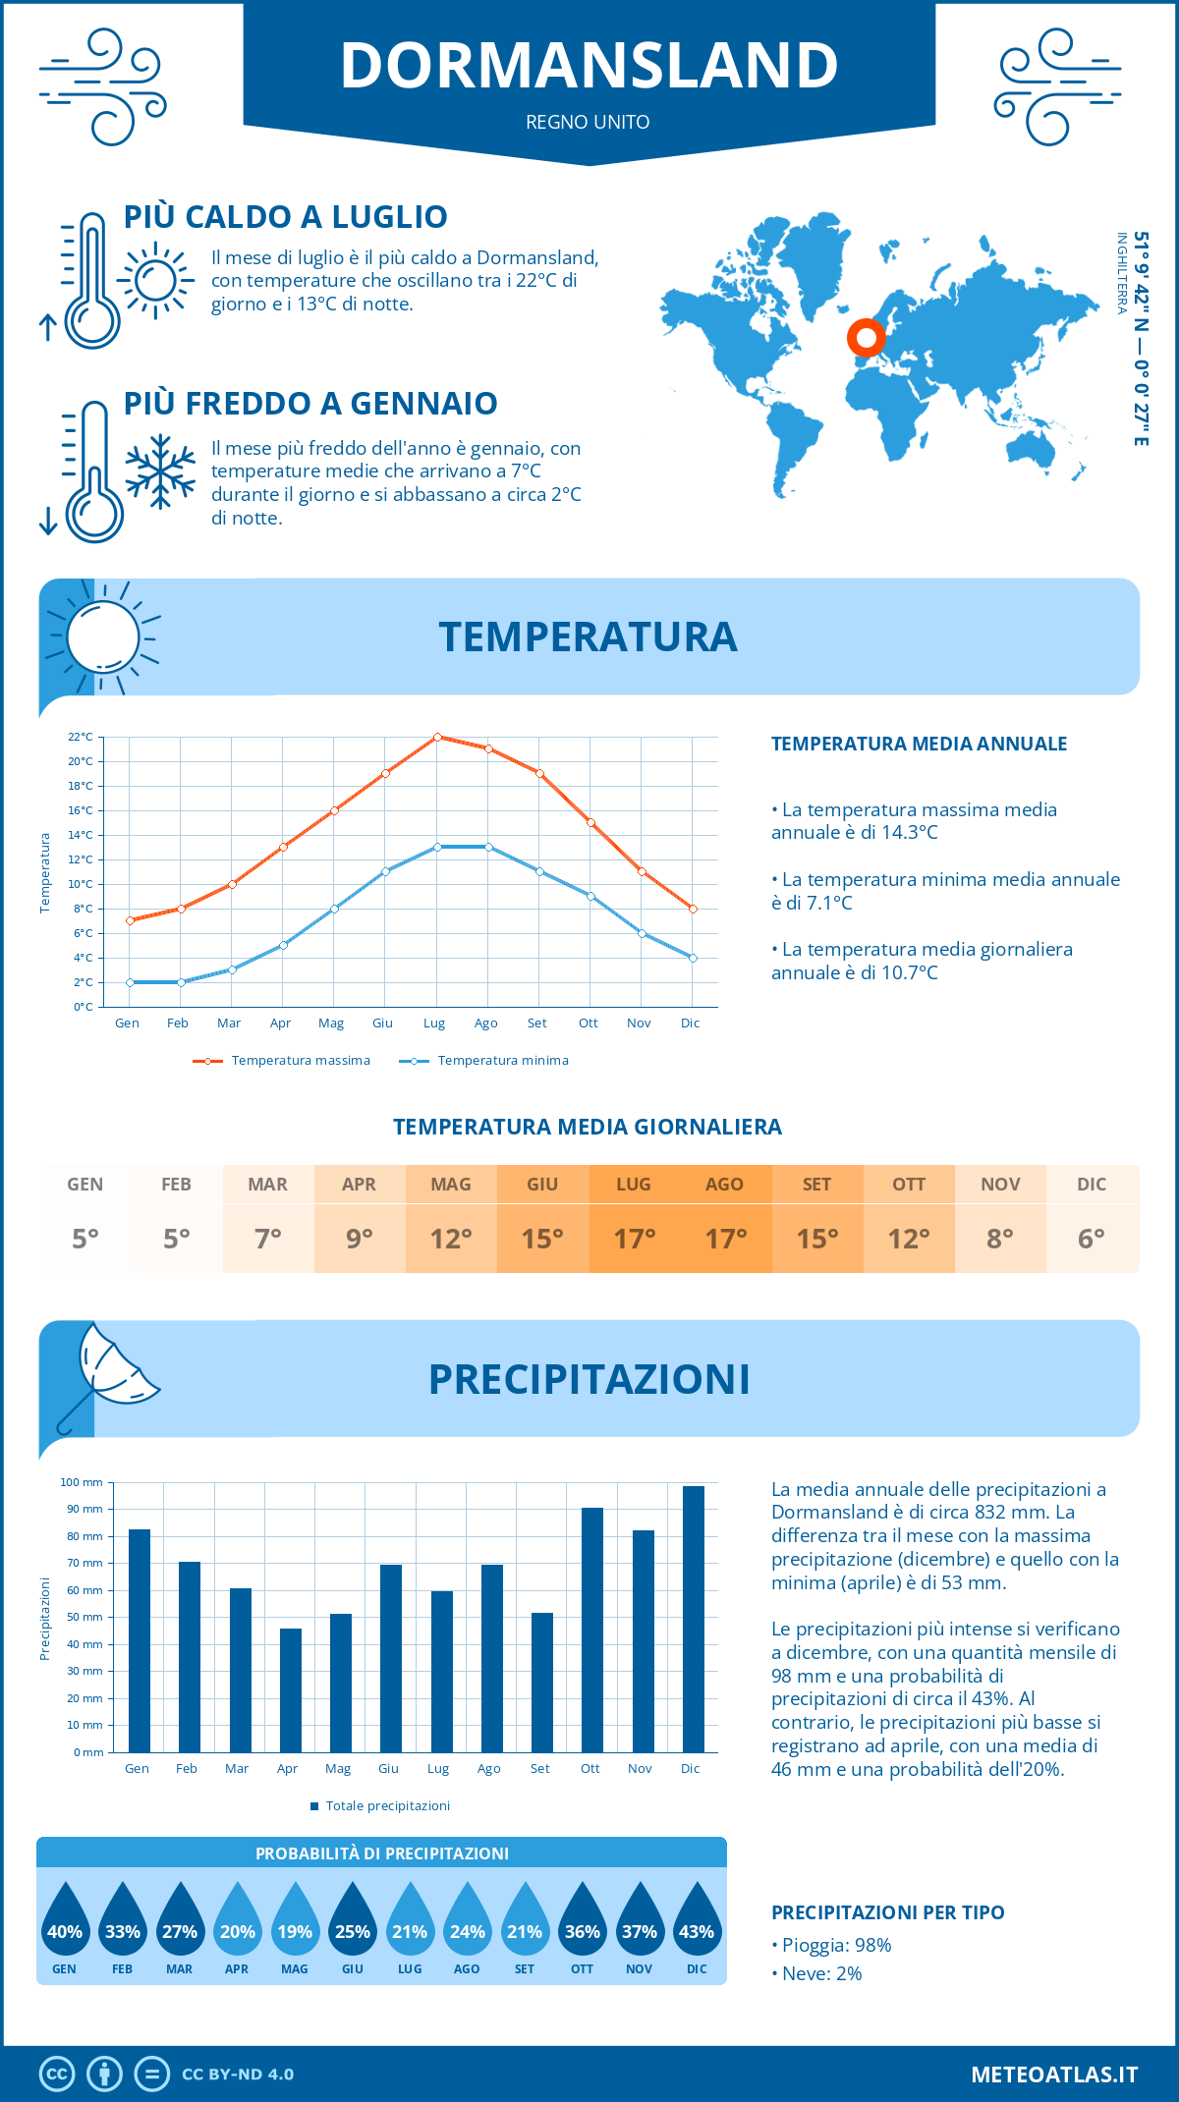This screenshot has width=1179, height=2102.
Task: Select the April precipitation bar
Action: tap(291, 1689)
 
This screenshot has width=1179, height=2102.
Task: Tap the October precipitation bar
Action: tap(592, 1630)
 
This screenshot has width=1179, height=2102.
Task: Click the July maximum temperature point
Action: tap(437, 737)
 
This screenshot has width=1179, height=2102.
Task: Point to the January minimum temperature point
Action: tap(130, 982)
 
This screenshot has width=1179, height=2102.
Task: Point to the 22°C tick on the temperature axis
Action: tap(81, 737)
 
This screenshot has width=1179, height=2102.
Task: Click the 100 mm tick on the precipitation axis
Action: tap(82, 1482)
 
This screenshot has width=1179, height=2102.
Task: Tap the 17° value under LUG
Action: tap(634, 1239)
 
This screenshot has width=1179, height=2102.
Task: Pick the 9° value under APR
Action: tap(360, 1239)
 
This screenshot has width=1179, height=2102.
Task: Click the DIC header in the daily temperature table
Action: tap(1092, 1185)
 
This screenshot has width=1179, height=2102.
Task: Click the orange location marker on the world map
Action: tap(867, 338)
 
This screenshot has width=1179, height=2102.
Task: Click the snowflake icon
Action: tap(160, 471)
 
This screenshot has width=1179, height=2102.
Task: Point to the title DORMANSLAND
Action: tap(589, 66)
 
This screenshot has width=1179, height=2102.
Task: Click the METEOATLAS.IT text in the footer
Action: tap(1054, 2074)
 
